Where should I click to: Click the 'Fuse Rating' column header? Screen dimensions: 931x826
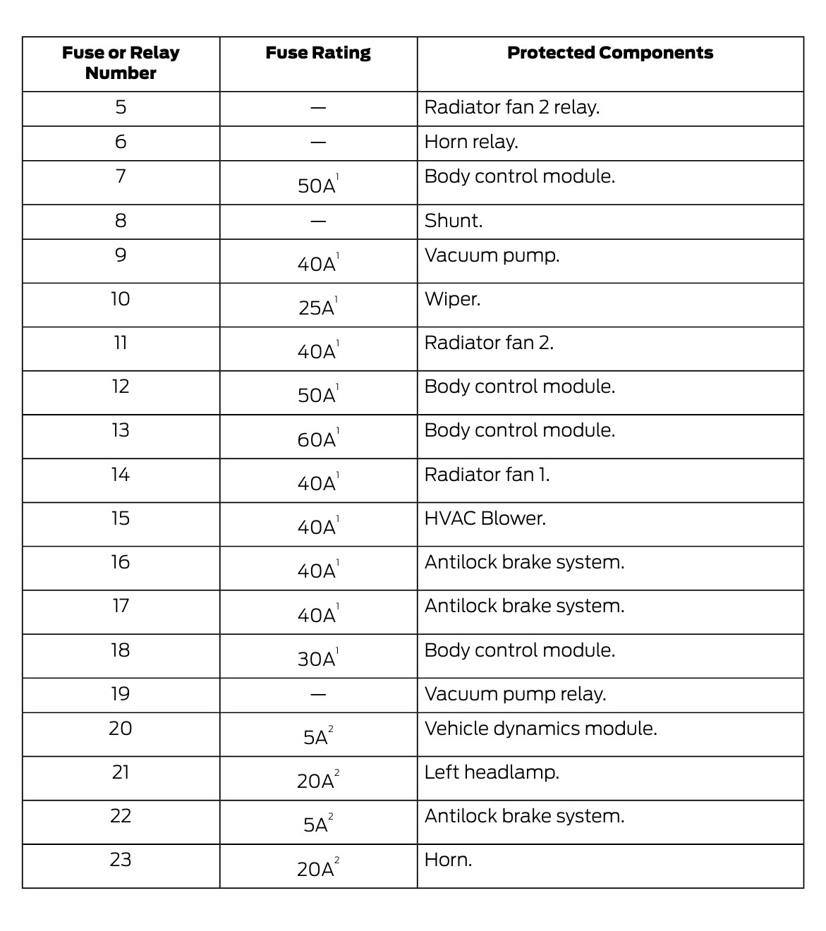pos(318,53)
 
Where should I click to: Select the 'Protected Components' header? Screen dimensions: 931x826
pos(610,53)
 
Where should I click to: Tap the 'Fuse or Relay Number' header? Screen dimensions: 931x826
pos(121,63)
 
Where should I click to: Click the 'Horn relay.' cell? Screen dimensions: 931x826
pos(471,142)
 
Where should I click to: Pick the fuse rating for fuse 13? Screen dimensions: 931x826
pos(317,439)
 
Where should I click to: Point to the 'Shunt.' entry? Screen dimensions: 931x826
pos(454,221)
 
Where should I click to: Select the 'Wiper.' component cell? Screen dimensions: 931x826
pos(452,299)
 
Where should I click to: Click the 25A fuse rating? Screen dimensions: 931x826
pos(317,308)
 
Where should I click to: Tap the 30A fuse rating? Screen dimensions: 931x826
pos(317,659)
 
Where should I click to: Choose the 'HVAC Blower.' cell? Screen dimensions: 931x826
pos(485,518)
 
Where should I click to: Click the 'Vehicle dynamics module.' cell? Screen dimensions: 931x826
pos(540,729)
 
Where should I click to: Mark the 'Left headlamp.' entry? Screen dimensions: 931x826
pos(492,772)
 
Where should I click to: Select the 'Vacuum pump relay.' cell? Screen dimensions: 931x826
pos(515,694)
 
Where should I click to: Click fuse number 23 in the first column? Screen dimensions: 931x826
pos(121,860)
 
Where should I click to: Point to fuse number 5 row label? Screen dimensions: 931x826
pos(121,107)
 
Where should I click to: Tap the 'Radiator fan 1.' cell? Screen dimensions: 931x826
pos(487,475)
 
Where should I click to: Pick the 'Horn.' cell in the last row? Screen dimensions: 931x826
pos(448,860)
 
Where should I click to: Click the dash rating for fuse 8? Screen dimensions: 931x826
pos(318,221)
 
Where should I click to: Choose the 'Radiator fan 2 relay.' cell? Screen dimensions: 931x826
pos(511,107)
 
